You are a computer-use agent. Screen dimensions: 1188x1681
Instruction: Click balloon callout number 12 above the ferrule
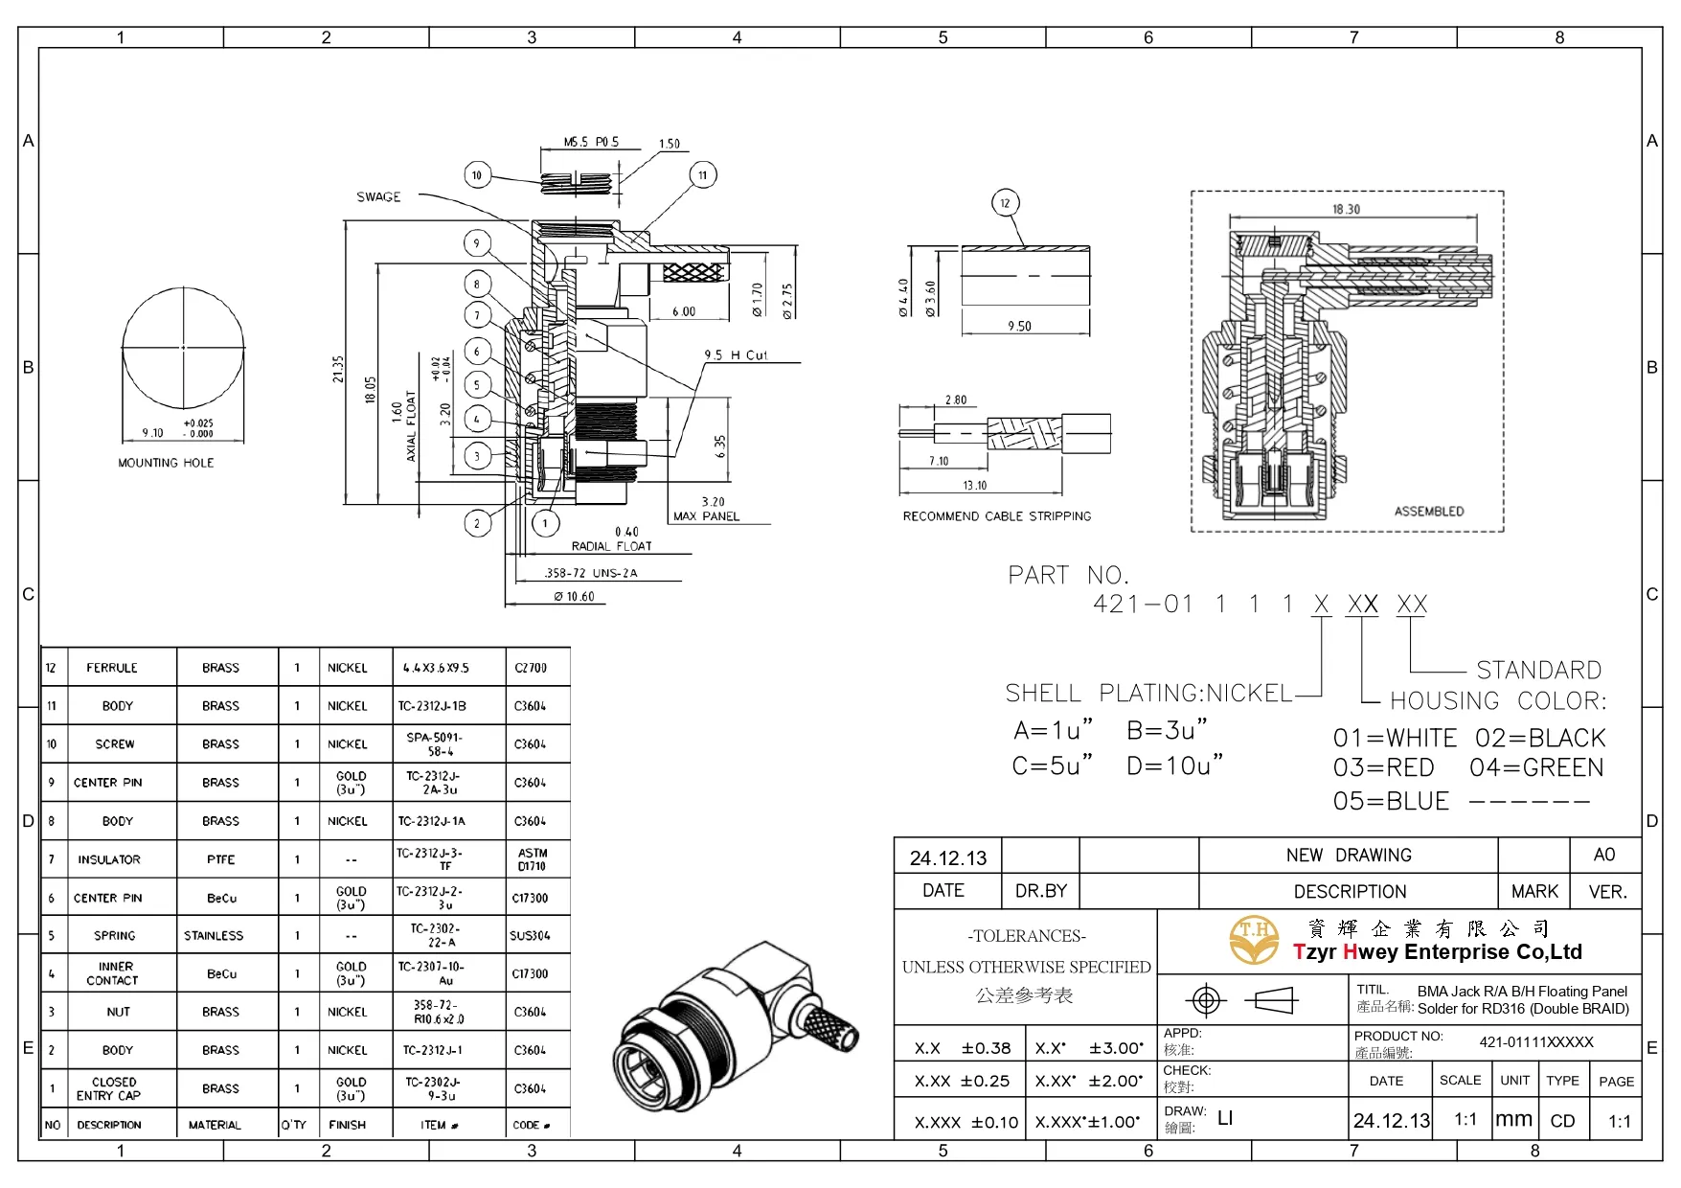pos(1005,203)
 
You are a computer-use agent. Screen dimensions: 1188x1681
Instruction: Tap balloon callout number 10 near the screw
pos(477,175)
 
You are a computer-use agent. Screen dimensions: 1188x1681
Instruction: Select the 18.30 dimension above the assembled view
pos(1346,209)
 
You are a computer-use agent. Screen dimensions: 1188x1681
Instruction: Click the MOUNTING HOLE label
pos(166,463)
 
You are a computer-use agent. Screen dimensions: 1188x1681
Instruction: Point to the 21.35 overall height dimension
pos(338,369)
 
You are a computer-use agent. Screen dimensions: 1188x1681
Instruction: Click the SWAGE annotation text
pos(378,197)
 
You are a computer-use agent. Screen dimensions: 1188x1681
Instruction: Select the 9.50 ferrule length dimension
pos(1019,326)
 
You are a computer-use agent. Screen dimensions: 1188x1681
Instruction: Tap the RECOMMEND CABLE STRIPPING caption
pos(996,516)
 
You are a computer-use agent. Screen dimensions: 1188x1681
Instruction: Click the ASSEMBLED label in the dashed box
pos(1428,512)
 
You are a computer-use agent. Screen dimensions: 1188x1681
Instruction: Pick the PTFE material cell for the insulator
pos(220,859)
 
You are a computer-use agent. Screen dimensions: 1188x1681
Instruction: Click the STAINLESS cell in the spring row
pos(214,935)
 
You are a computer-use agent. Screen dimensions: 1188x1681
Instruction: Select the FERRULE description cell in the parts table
pos(112,668)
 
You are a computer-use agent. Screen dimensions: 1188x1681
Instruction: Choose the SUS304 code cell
pos(530,935)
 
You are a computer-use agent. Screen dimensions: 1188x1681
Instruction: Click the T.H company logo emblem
pos(1254,940)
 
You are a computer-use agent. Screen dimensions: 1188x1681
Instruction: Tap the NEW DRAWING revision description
pos(1348,855)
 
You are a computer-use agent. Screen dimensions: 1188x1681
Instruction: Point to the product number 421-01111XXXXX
pos(1535,1042)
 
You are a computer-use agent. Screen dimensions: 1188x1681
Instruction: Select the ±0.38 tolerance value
pos(986,1048)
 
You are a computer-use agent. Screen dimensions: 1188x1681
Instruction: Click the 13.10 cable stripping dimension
pos(974,486)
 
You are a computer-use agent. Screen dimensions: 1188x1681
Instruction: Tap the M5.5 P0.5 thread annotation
pos(591,142)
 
